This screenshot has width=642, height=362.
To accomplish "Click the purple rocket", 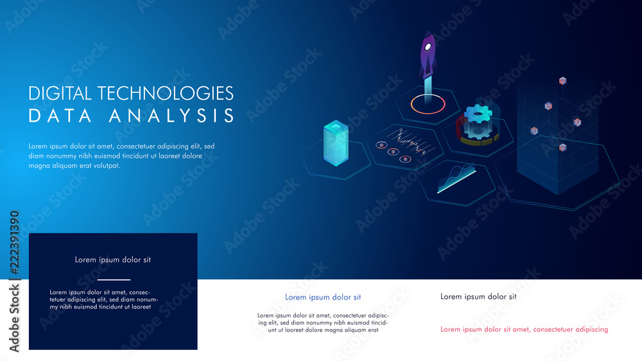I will point(428,57).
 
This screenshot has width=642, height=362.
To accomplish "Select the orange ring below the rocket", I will point(428,104).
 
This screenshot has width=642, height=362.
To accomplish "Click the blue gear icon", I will point(478,114).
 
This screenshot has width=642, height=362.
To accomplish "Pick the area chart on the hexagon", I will point(456,177).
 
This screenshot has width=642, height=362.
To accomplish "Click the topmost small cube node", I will point(563,81).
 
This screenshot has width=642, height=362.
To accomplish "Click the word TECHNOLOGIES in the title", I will point(164,93).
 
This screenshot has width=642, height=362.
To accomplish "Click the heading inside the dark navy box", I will point(113,260).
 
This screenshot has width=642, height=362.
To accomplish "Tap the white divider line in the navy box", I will point(113,280).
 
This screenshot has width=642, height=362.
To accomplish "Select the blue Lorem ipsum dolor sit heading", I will point(323,297).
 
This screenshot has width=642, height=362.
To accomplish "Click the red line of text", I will point(524,329).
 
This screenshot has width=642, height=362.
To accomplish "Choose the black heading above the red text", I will point(478,296).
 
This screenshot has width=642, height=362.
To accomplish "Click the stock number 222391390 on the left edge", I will point(14,244).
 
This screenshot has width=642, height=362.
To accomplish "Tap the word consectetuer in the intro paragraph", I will point(145,146).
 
